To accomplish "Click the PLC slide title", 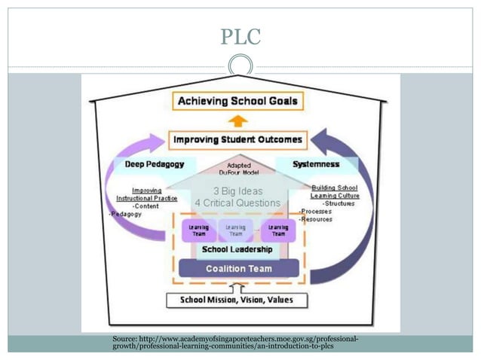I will tap(240, 36).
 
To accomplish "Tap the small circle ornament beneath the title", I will tap(240, 63).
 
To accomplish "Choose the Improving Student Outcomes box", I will tap(237, 139).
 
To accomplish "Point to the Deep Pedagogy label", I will tap(154, 163).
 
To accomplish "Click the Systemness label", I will tap(317, 163).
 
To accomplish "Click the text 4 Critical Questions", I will tap(237, 203).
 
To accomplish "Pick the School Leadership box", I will tap(237, 249).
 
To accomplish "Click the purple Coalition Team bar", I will tap(239, 268).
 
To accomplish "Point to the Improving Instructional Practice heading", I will tap(154, 194).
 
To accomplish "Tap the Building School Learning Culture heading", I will tap(334, 191).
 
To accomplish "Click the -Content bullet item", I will tap(146, 206).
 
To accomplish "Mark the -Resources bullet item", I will tap(315, 219).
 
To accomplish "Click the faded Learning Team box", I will tap(237, 230).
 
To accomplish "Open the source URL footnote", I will tap(234, 343).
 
